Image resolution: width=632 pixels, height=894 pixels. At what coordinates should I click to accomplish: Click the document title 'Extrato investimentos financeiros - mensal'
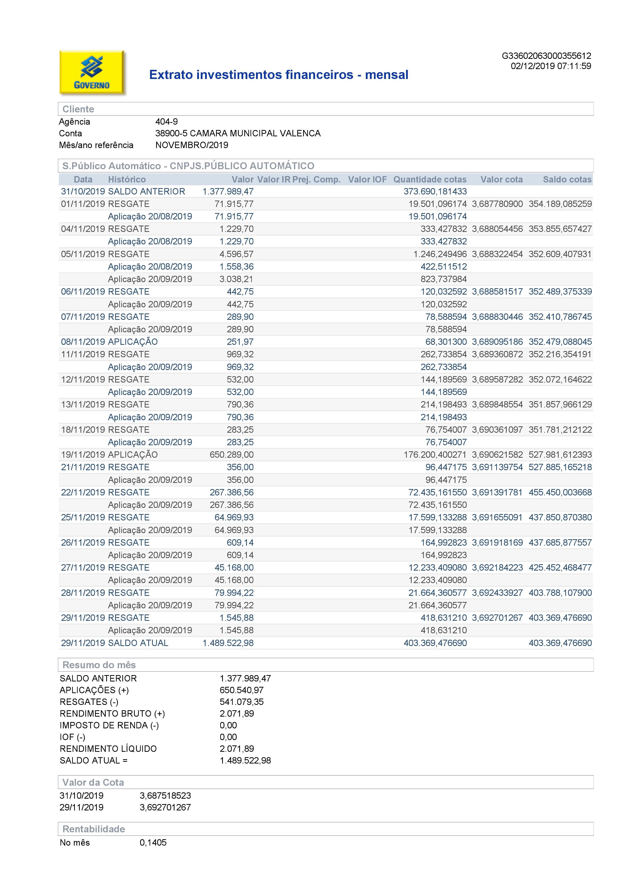pos(279,75)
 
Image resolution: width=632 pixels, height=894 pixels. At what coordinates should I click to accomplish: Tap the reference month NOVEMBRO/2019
pos(192,145)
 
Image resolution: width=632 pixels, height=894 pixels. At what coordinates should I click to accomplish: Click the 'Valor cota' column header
pos(501,179)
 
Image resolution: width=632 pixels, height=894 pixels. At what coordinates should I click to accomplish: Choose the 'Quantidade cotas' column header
pos(430,179)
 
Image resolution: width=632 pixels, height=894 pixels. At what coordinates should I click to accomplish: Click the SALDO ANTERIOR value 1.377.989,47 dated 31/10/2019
pos(228,192)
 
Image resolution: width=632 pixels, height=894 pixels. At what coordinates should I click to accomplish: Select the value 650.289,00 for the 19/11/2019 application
pos(232,455)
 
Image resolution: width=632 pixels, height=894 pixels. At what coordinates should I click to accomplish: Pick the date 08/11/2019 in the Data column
pos(83,342)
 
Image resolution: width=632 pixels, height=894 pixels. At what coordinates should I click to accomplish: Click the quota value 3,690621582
pos(497,455)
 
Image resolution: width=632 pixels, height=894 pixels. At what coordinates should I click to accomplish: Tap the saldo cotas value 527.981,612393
pos(560,455)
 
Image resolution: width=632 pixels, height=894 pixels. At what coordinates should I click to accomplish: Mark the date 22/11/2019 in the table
pos(83,493)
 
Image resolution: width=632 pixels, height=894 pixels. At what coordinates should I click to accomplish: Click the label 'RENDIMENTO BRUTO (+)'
pos(112,714)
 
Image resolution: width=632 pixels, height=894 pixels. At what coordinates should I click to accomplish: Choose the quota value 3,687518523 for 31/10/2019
pos(165,795)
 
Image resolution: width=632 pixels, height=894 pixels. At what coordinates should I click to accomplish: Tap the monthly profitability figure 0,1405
pos(153,843)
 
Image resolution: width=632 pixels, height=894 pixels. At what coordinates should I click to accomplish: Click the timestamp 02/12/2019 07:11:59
pos(551,66)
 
